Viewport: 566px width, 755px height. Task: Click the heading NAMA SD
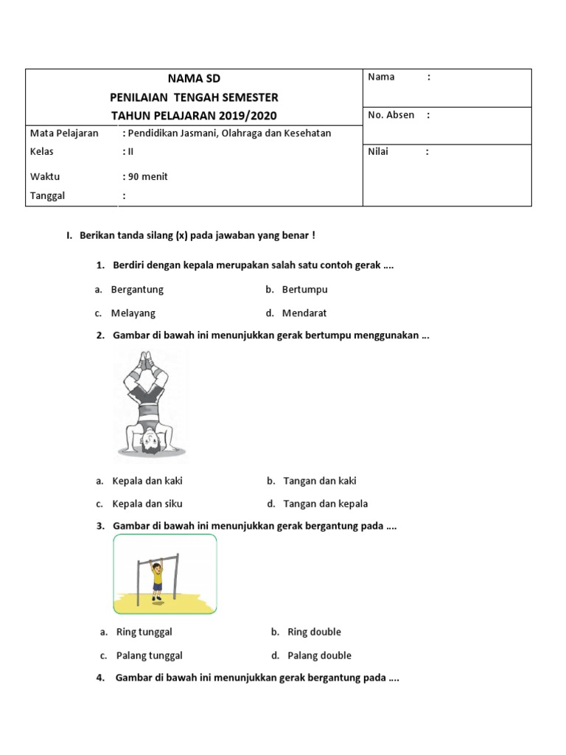pos(195,78)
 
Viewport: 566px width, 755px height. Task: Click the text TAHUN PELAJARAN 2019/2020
pos(195,116)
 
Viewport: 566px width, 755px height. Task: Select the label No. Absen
pos(391,115)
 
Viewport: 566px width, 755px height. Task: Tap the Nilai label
pos(377,152)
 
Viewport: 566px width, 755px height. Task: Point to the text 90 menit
pos(148,176)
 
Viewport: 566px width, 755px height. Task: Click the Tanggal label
pos(48,195)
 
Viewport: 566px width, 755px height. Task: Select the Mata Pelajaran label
pos(64,133)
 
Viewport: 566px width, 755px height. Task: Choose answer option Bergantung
pos(137,290)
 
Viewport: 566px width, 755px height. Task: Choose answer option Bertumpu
pos(304,290)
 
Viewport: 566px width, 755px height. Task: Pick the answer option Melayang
pos(133,313)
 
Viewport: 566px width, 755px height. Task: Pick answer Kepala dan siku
pos(147,504)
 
